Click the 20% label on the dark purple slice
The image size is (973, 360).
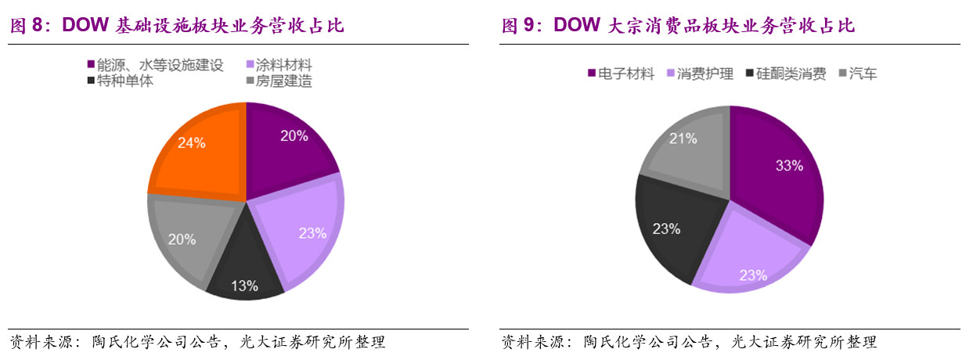[x=294, y=135]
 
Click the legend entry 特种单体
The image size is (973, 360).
[x=125, y=81]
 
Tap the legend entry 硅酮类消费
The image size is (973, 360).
[x=791, y=74]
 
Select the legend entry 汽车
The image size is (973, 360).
[x=863, y=74]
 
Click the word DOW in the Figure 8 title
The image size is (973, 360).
[x=84, y=26]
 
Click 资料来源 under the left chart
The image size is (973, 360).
[x=38, y=343]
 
